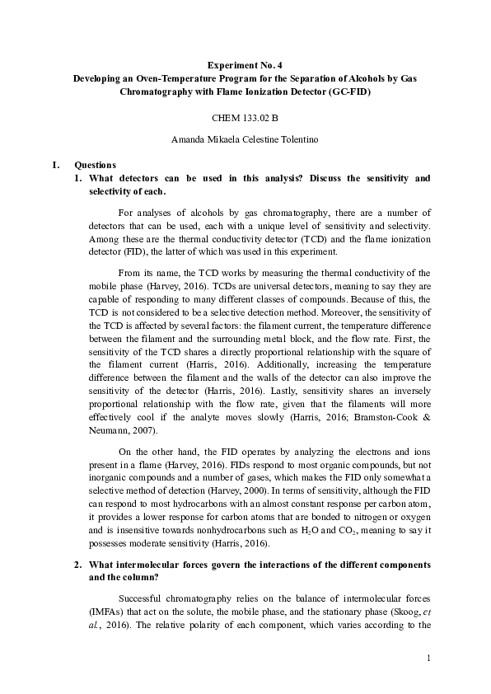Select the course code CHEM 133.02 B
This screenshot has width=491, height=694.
coord(245,118)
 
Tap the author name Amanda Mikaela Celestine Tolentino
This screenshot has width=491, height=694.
coord(245,139)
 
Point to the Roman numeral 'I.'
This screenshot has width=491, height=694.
coord(56,165)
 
